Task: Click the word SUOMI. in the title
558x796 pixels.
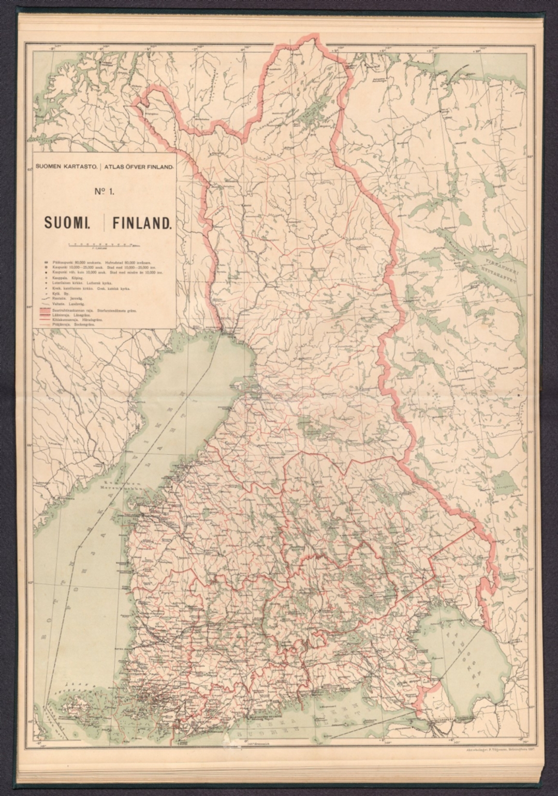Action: tap(67, 223)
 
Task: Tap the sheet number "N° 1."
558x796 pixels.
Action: tap(104, 192)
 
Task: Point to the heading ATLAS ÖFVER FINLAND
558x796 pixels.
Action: tap(140, 167)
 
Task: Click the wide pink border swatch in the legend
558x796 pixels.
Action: tap(43, 310)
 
